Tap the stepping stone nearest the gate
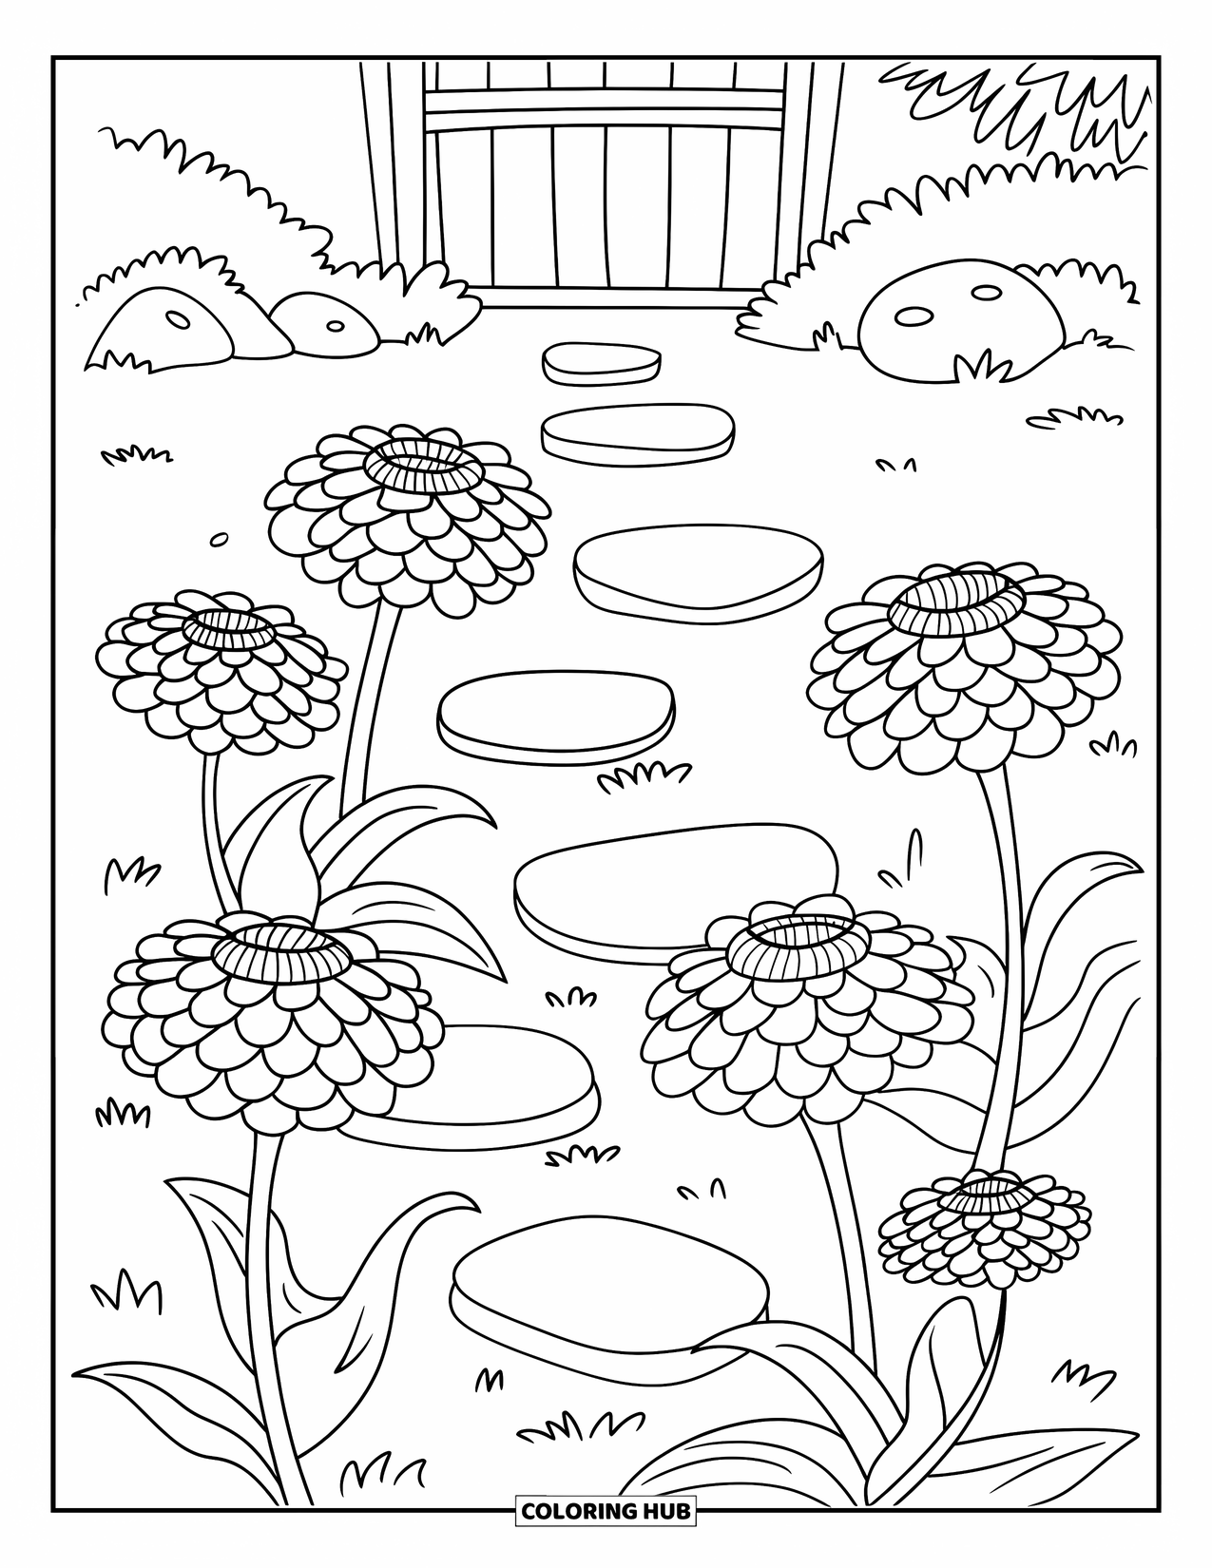(601, 362)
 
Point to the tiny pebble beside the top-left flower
(219, 539)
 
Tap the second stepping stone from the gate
(638, 430)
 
